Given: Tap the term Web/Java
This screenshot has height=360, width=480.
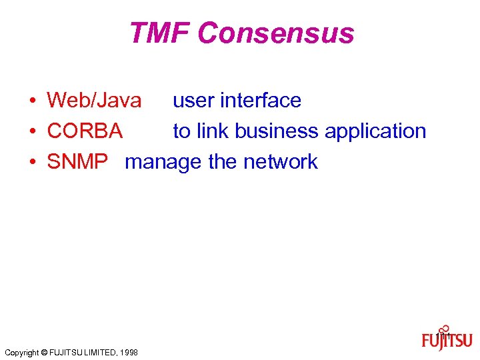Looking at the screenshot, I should click(94, 101).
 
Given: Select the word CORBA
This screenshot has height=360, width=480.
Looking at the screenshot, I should click(85, 131).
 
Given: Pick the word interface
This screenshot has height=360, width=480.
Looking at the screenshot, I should click(261, 101).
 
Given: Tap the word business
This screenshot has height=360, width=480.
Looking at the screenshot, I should click(277, 131).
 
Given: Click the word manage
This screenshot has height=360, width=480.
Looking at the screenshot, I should click(163, 163).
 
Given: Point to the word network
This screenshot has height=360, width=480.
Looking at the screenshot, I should click(281, 162).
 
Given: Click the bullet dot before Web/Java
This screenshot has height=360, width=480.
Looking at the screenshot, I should click(32, 101).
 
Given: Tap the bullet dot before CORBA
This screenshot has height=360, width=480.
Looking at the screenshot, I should click(32, 132).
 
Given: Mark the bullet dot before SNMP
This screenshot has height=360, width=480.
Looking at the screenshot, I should click(32, 163).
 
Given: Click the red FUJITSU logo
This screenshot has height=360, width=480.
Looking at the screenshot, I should click(447, 341).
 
